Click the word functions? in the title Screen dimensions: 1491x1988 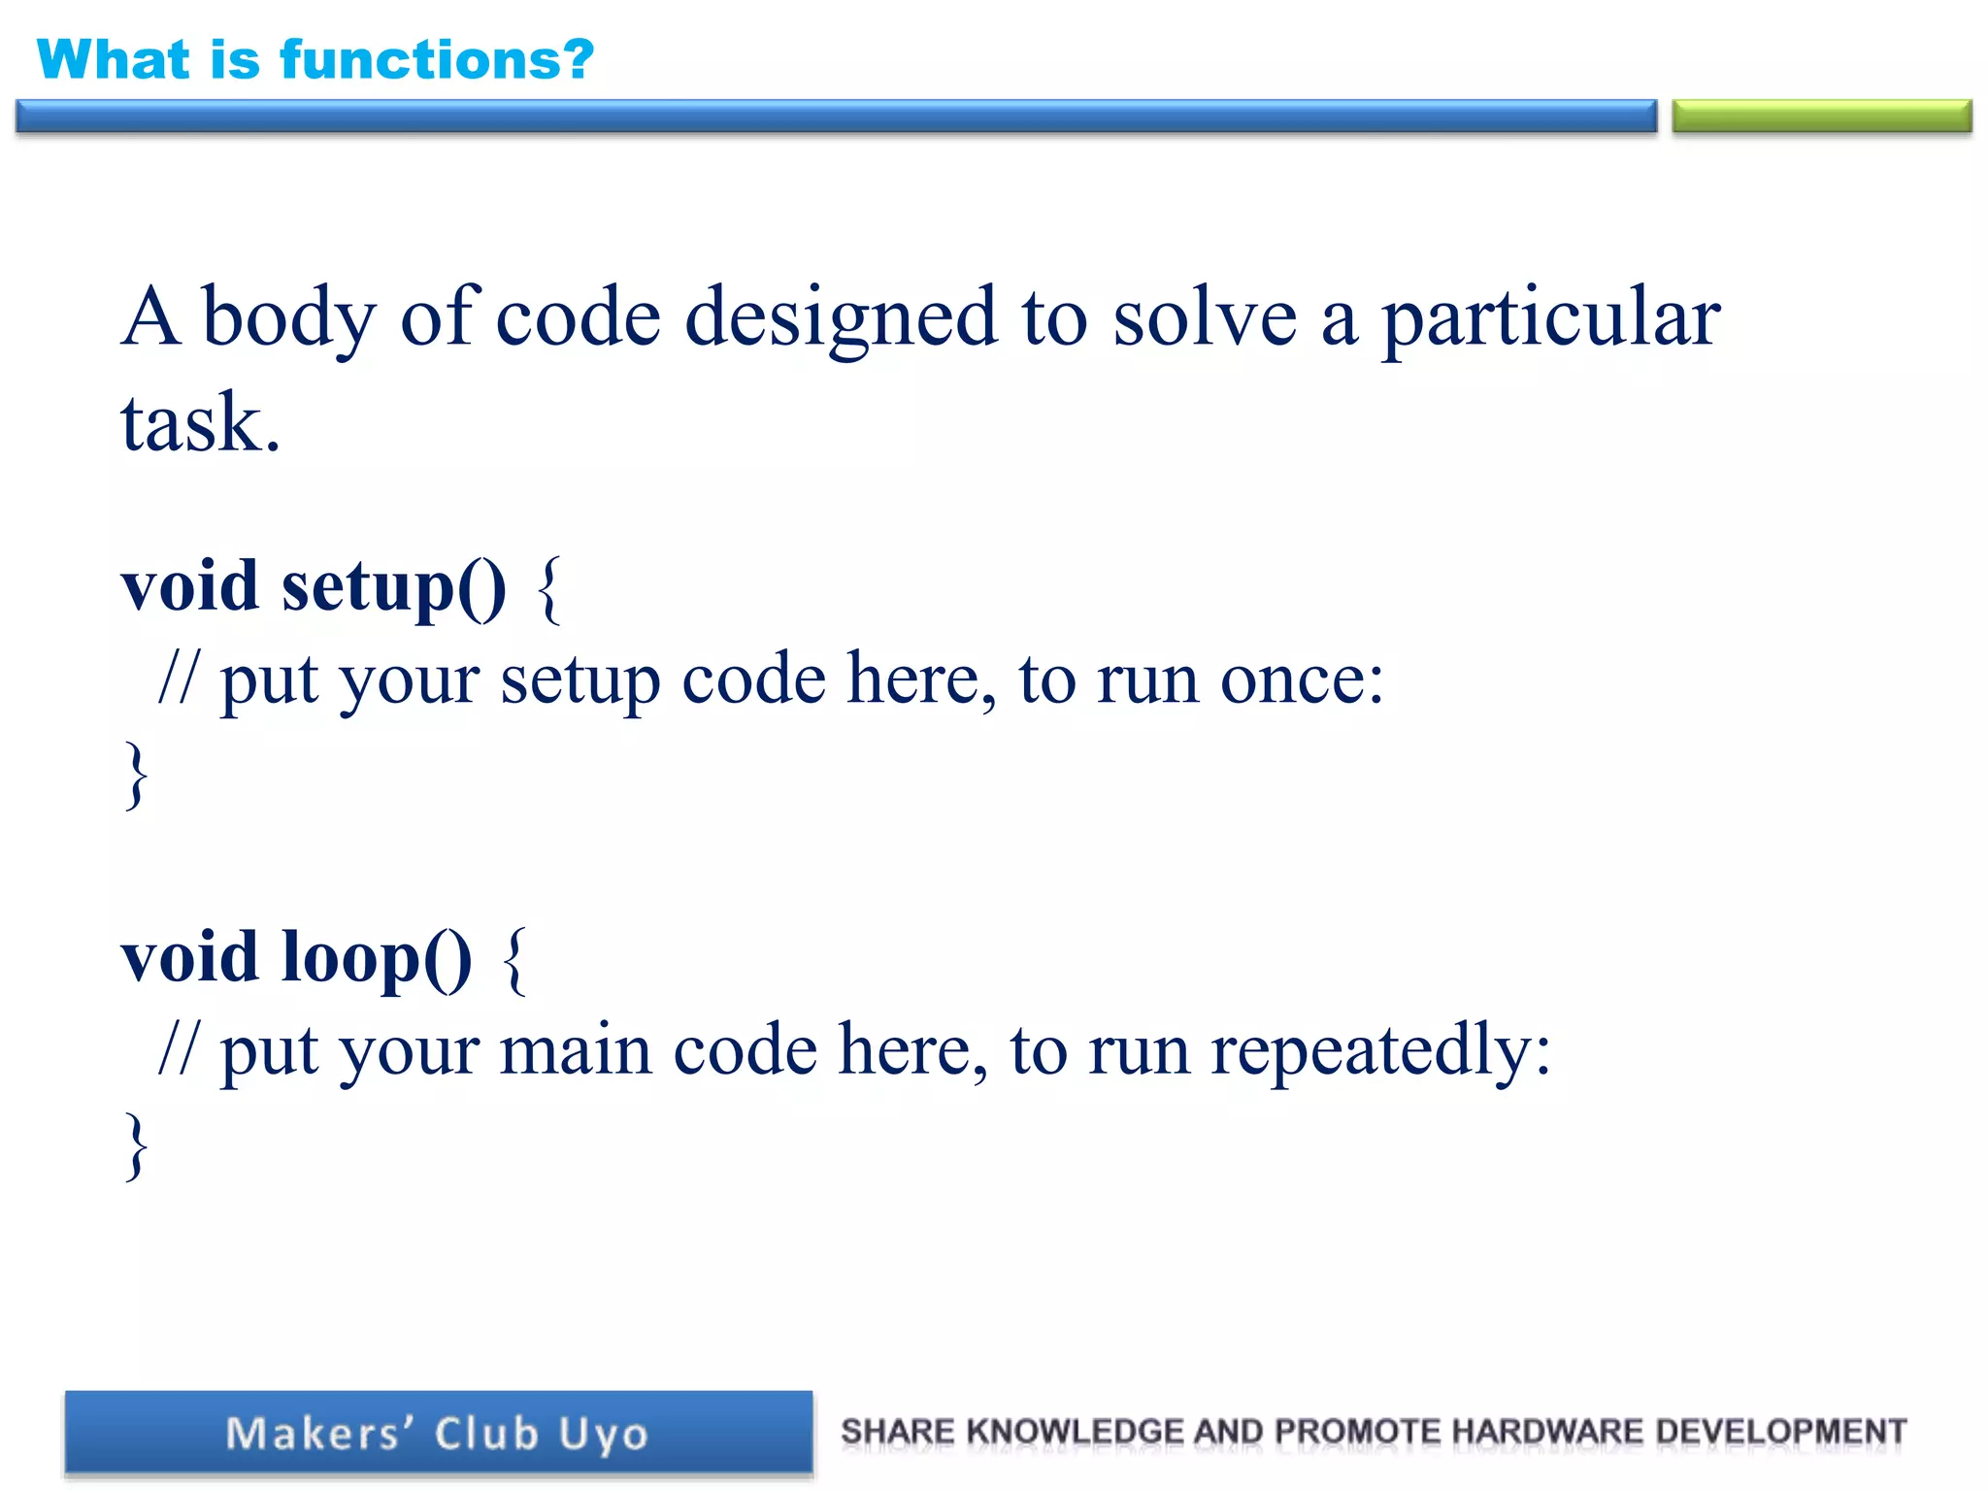pos(437,60)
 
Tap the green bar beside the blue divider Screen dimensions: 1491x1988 pos(1821,116)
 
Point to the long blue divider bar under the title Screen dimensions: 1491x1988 pos(835,116)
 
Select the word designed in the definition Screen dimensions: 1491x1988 pos(841,318)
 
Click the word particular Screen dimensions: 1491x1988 pos(1550,318)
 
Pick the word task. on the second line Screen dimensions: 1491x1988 pos(200,423)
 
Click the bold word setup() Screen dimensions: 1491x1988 pos(393,588)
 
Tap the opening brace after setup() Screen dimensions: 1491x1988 pos(549,588)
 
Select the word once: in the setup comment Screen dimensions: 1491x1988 pos(1301,679)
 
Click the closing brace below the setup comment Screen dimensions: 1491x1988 pos(137,773)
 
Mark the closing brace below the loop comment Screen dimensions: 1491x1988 pos(137,1145)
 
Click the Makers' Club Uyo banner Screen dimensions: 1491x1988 pos(438,1434)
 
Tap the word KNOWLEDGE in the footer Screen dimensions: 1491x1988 pos(1075,1431)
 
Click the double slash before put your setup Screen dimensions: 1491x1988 pos(178,679)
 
